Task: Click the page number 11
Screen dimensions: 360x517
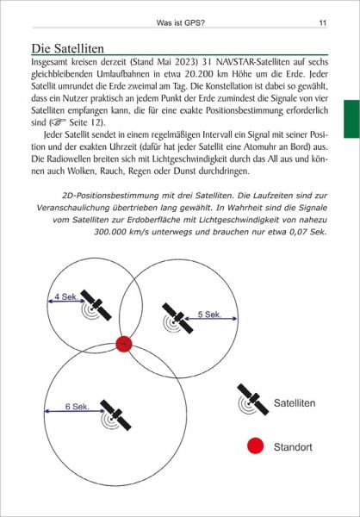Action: (322, 23)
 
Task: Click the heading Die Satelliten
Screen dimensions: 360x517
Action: (67, 48)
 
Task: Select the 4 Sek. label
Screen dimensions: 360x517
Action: (66, 296)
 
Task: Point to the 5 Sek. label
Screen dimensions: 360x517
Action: (209, 315)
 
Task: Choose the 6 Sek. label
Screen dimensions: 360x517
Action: (78, 407)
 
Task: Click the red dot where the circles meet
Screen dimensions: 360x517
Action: (124, 344)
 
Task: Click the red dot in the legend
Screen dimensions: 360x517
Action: (256, 446)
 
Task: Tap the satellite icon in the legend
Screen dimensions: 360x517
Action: (252, 399)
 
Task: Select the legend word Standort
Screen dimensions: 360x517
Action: (293, 447)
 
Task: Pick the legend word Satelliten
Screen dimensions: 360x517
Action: (295, 403)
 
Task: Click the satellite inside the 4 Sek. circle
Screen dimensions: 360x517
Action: (96, 305)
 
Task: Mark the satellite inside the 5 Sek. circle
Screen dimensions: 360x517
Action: (177, 319)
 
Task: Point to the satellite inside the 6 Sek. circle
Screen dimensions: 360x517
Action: (115, 415)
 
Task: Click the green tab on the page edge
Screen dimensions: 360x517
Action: (351, 119)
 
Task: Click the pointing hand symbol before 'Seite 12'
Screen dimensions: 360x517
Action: (59, 122)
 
